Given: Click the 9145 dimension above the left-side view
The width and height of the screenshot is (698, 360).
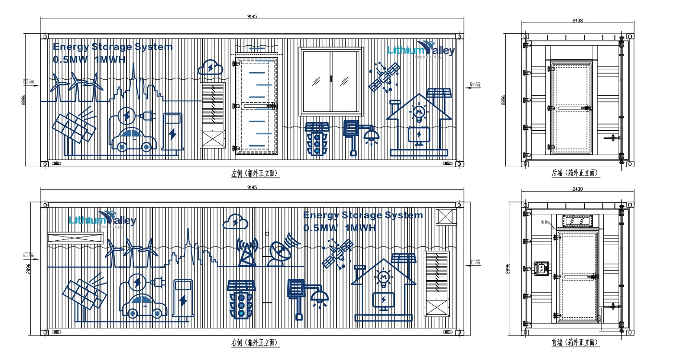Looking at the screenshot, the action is point(252,16).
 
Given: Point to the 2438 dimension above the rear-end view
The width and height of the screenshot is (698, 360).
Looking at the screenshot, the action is point(577,20).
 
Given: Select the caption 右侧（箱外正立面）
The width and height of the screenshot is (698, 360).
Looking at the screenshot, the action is point(255,343).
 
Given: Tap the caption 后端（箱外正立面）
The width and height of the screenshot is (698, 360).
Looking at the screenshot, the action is point(575,173).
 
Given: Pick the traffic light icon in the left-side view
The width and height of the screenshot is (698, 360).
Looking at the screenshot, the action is point(317,139).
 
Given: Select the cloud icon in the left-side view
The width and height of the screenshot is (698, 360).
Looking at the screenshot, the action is point(210,67).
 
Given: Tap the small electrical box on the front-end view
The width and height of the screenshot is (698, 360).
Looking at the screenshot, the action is point(541,269).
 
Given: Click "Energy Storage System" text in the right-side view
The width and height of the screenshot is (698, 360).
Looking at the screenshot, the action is point(363,215).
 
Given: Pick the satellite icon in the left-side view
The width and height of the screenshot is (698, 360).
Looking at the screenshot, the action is point(384,77).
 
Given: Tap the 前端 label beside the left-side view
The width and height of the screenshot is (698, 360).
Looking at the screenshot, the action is point(28,81).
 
